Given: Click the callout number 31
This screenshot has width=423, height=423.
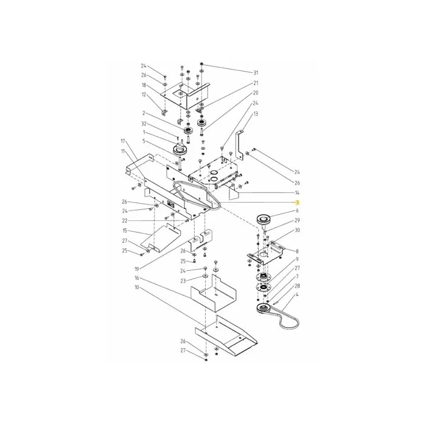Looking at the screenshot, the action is [x=255, y=73].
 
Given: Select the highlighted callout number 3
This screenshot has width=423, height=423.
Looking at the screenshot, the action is [x=297, y=203].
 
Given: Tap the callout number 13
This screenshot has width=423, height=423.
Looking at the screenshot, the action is [x=255, y=114].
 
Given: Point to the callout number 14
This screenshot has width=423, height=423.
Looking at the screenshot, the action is [x=297, y=192].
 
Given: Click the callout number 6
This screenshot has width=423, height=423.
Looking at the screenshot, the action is [x=297, y=210].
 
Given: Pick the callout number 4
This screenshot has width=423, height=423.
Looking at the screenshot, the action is [x=297, y=295].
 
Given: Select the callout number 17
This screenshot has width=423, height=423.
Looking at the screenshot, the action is [x=123, y=141].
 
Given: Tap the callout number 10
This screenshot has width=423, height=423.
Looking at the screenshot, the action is [x=137, y=288].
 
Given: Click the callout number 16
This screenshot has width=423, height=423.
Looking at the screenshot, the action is [x=137, y=278].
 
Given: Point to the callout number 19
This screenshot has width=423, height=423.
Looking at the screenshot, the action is [x=137, y=269].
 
